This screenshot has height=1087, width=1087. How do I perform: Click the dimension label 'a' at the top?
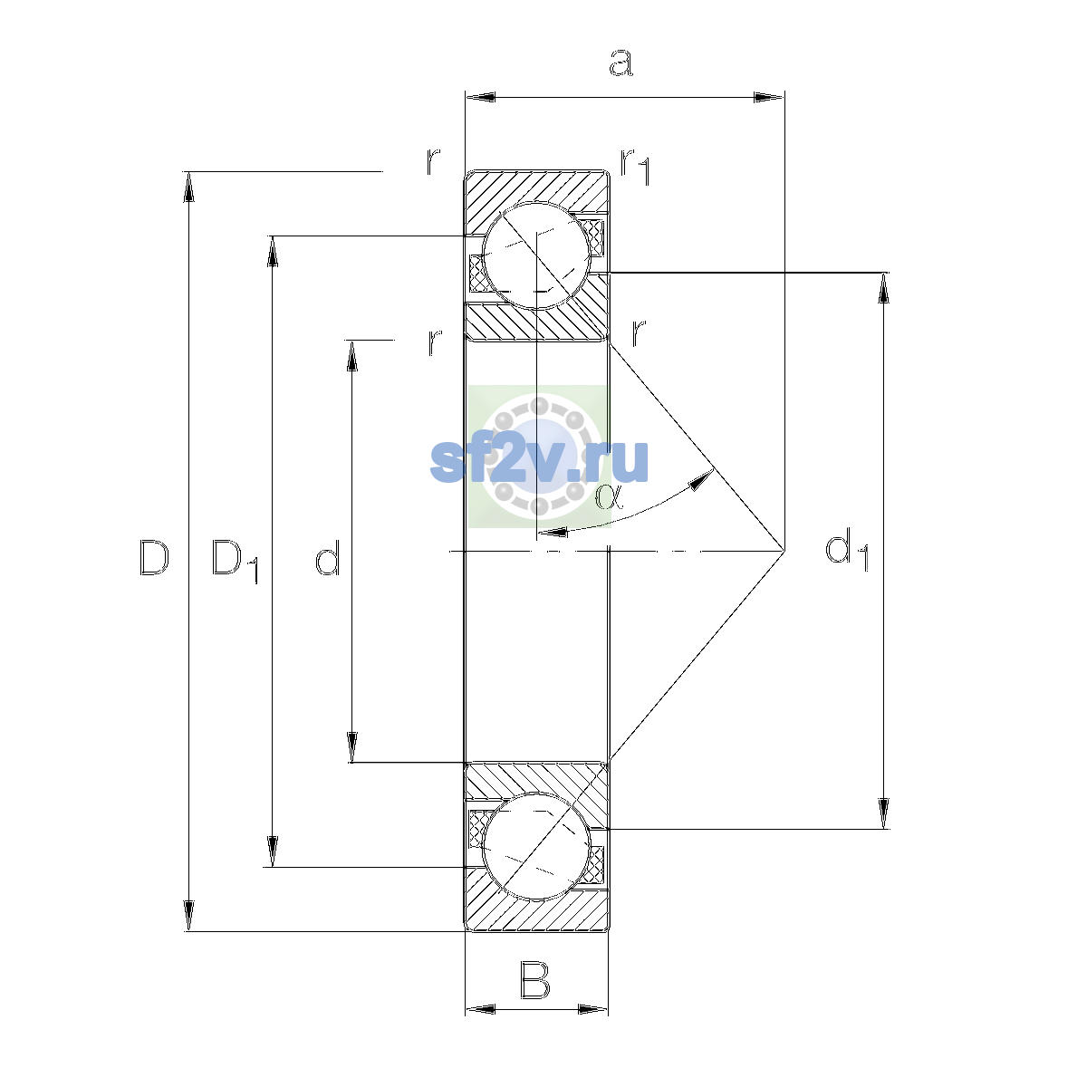coord(621,63)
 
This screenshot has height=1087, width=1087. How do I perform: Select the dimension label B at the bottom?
coord(534,980)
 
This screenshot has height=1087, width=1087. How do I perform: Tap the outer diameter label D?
coord(154,558)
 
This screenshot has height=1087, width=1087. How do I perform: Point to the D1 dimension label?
coord(235,561)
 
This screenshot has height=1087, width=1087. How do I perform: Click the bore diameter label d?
coord(328,557)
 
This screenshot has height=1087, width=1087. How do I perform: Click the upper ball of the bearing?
coord(536,256)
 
